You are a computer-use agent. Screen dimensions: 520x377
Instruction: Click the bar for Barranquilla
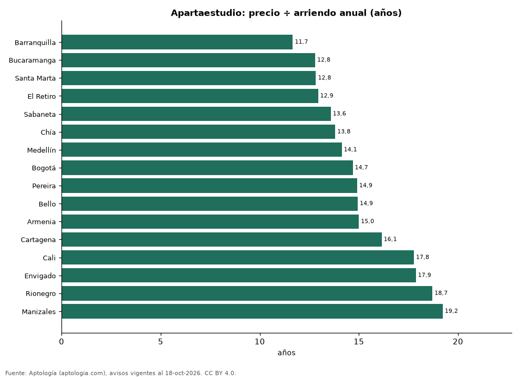click(x=177, y=42)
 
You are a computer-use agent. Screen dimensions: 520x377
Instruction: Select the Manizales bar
click(x=252, y=311)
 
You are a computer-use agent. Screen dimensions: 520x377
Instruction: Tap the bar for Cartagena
click(x=222, y=240)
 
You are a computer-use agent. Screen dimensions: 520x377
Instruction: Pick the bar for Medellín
click(x=202, y=150)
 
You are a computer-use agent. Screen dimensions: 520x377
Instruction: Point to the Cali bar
click(x=238, y=258)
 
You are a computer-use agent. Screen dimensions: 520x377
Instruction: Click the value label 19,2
click(x=451, y=311)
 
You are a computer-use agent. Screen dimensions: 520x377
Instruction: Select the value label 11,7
click(x=301, y=42)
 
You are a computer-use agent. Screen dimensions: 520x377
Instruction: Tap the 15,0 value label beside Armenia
click(x=368, y=221)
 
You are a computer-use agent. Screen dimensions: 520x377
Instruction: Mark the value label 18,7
click(x=441, y=293)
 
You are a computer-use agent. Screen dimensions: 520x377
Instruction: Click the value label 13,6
click(x=339, y=114)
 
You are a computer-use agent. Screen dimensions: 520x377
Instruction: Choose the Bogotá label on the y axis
click(x=44, y=168)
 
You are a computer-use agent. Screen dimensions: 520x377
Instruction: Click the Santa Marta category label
click(x=36, y=78)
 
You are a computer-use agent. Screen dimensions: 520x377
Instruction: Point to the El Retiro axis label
click(x=42, y=96)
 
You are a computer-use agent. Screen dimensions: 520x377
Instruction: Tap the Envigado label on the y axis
click(x=40, y=276)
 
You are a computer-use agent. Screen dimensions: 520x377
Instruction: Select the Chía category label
click(x=48, y=132)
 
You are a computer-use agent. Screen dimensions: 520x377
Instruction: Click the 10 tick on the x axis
click(x=259, y=341)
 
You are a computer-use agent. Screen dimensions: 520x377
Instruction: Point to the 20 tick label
click(x=457, y=341)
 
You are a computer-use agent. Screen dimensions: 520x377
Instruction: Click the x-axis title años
click(x=287, y=353)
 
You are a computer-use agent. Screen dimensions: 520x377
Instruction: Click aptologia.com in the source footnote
click(x=81, y=373)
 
